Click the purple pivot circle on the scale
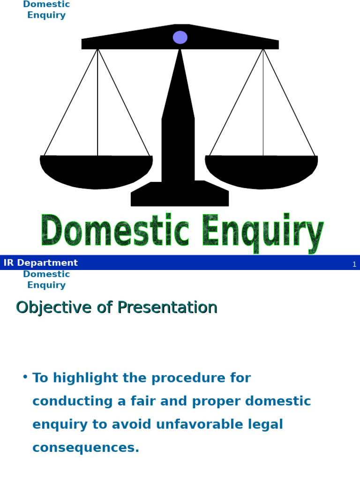[180, 37]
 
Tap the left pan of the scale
[97, 171]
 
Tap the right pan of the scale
[262, 171]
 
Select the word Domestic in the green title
[115, 231]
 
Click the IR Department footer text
[41, 263]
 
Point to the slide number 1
[354, 264]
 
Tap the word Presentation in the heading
[167, 307]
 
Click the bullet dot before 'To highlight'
[25, 377]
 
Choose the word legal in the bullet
[267, 425]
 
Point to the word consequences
[86, 448]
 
